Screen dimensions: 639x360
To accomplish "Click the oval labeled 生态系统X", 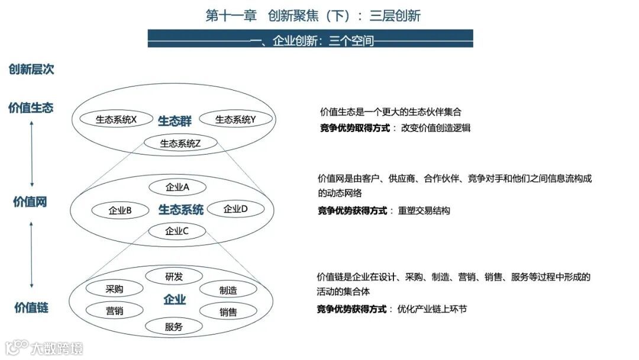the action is [116, 120].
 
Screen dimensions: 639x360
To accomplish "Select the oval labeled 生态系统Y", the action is [235, 120].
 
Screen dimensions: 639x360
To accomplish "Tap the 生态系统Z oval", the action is [180, 143].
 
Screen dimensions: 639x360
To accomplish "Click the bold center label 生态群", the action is [175, 121].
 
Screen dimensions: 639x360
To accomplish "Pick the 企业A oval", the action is [177, 187].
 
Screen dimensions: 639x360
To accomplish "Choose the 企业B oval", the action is [120, 210].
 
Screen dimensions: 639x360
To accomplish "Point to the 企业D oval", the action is [235, 208].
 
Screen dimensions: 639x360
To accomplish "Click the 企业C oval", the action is [177, 231].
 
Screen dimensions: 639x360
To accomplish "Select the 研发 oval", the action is [174, 277].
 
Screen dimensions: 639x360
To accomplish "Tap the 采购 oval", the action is [115, 289].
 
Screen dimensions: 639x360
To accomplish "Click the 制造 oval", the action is [228, 290].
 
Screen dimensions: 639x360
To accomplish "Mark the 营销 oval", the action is [115, 311].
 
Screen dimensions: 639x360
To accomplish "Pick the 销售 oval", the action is [228, 312].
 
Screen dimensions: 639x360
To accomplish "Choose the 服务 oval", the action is [174, 326].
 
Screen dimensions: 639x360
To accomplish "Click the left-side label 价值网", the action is [30, 202].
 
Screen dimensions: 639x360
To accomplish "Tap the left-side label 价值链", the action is [31, 307].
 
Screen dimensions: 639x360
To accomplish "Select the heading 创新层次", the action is [31, 69].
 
